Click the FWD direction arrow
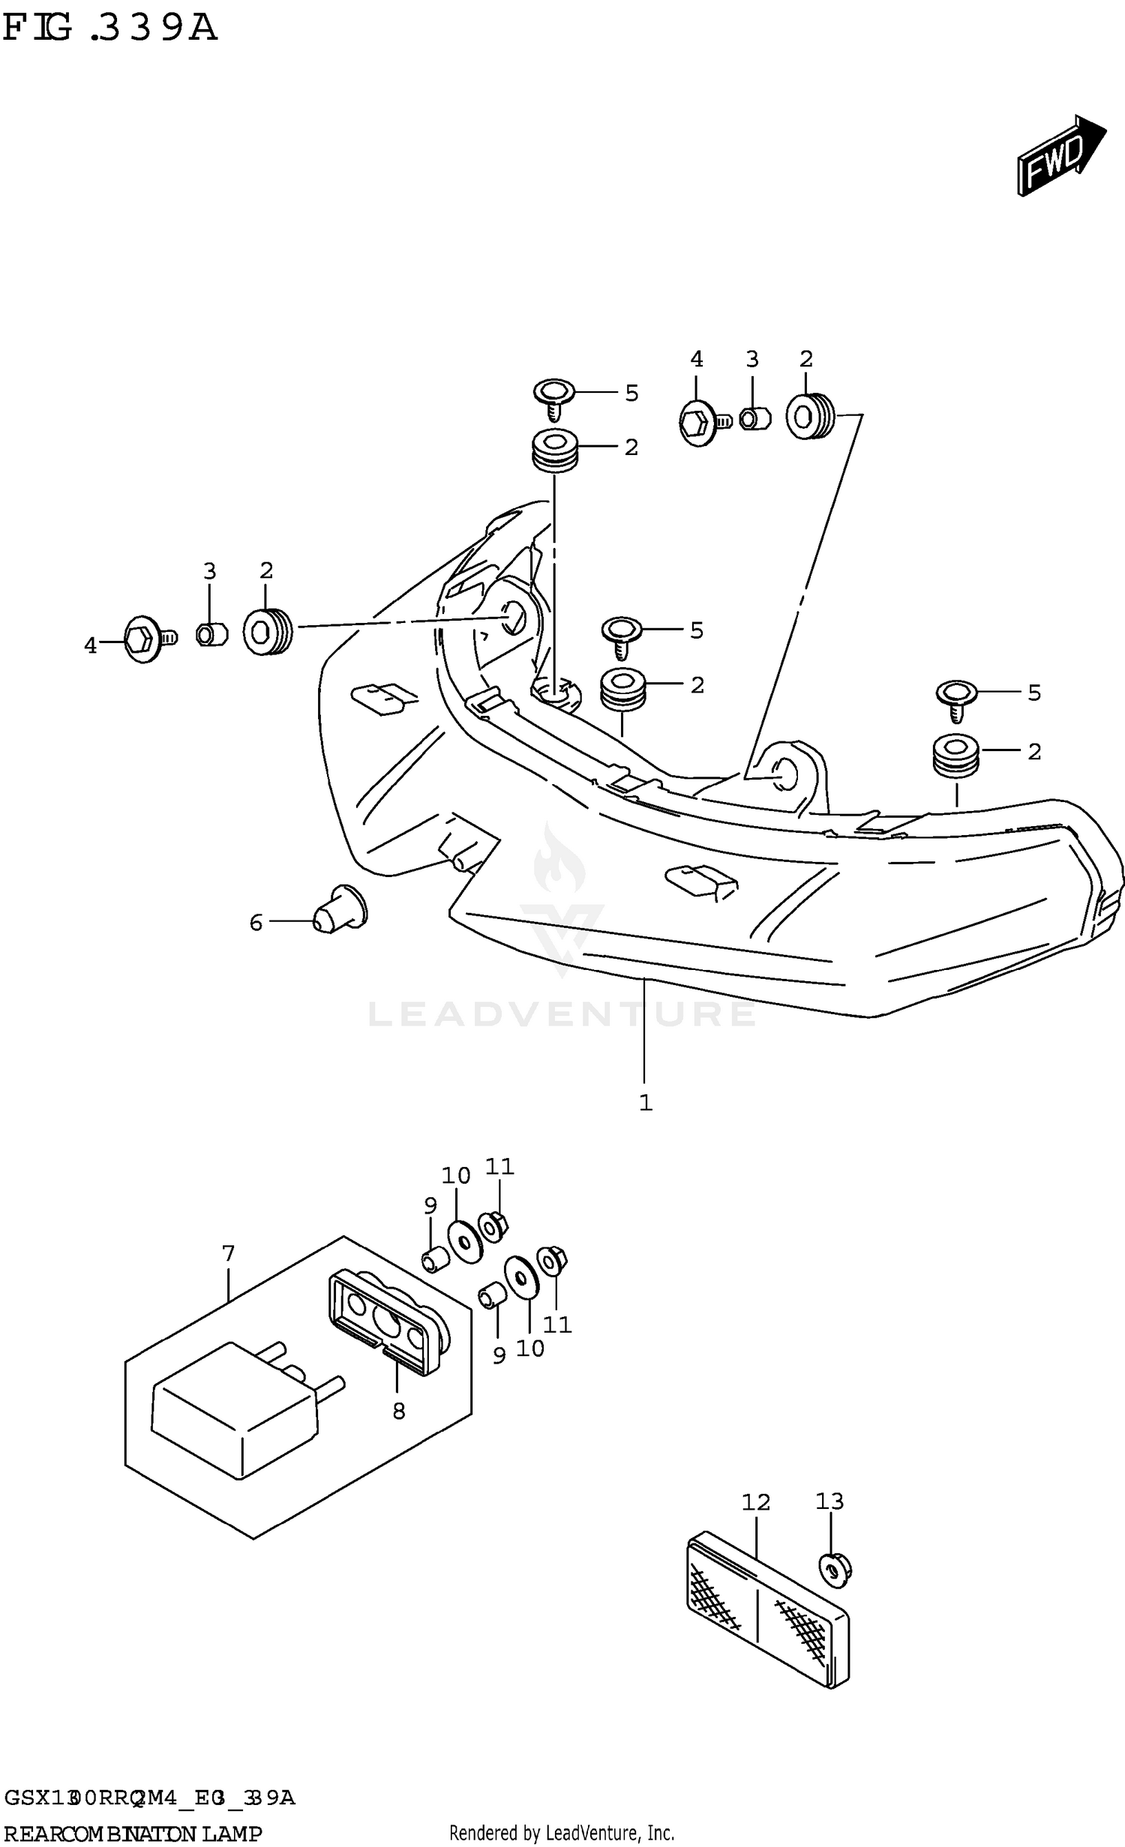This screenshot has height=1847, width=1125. [1059, 156]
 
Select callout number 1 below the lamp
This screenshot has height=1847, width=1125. [645, 1103]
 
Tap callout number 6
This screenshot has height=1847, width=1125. [256, 923]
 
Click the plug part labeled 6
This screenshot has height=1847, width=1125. [340, 909]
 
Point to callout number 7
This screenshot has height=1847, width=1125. [229, 1253]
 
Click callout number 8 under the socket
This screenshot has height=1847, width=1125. [398, 1411]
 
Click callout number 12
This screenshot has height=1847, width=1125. [756, 1501]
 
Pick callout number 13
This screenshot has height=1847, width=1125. [829, 1501]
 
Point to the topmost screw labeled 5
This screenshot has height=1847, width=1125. [553, 397]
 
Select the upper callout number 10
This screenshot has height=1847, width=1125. [455, 1176]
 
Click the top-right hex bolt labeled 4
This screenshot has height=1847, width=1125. [701, 424]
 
